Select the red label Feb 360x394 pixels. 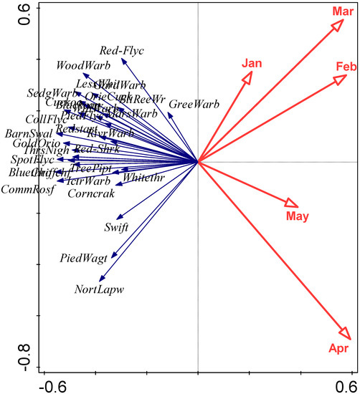coord(346,67)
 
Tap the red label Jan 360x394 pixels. coord(250,63)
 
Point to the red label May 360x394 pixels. coord(297,216)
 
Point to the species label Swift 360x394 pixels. coord(115,228)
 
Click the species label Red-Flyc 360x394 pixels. coord(122,51)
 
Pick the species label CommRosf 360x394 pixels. coord(28,190)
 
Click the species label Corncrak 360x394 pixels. coord(92,193)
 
